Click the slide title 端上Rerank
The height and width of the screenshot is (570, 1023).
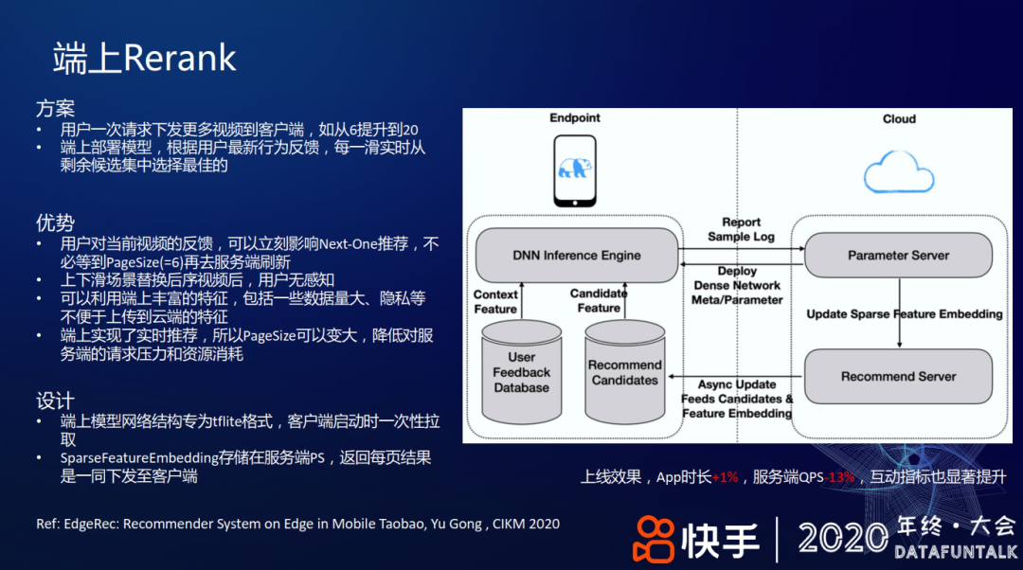coord(144,59)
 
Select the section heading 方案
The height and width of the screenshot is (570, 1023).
coord(55,108)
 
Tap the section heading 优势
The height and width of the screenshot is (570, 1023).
coord(55,223)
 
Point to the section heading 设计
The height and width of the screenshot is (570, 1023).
coord(55,401)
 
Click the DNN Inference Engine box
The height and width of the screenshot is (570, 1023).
coord(577,255)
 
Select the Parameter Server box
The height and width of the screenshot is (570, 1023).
coord(898,255)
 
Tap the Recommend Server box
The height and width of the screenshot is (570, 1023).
coord(898,376)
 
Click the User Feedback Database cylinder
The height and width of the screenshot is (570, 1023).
coord(521,372)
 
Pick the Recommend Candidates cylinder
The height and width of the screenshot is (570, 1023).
coord(624,372)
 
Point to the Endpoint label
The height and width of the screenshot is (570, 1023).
coord(575,118)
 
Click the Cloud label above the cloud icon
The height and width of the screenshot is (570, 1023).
coord(899,119)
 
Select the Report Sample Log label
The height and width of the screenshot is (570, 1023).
coord(742,229)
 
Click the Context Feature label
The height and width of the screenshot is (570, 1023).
coord(495,302)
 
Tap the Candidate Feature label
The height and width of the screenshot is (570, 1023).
coord(599,300)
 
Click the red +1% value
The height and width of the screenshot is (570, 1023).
coord(726,477)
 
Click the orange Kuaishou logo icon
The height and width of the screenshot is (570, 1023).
coord(653,538)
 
